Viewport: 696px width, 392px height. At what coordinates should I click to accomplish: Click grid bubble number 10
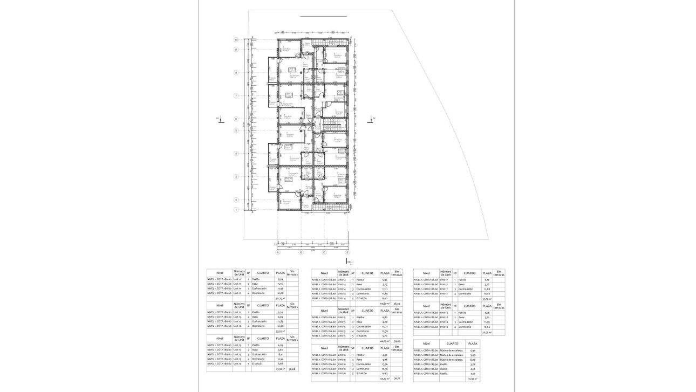(x=236, y=40)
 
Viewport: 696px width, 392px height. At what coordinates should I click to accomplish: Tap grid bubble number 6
(x=236, y=119)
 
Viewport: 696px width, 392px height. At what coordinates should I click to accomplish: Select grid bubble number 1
(x=236, y=209)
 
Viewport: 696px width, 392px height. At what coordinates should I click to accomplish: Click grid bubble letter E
(x=347, y=252)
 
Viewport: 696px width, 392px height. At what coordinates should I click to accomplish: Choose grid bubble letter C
(x=324, y=252)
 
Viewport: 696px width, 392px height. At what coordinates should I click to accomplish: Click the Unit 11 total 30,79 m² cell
(x=280, y=298)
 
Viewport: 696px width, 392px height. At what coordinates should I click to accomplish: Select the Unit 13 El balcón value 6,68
(x=280, y=364)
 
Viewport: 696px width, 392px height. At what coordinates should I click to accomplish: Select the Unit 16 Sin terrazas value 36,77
(x=397, y=379)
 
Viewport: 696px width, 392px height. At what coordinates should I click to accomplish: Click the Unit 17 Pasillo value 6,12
(x=487, y=280)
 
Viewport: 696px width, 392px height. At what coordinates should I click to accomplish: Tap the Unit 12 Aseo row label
(x=254, y=317)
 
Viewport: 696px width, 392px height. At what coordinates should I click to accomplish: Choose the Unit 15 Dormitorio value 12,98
(x=385, y=331)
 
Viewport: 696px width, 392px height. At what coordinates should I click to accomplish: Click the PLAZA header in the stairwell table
(x=473, y=343)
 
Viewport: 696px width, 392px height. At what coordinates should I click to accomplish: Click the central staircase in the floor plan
(x=330, y=126)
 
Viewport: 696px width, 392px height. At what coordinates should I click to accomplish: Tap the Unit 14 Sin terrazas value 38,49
(x=397, y=304)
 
